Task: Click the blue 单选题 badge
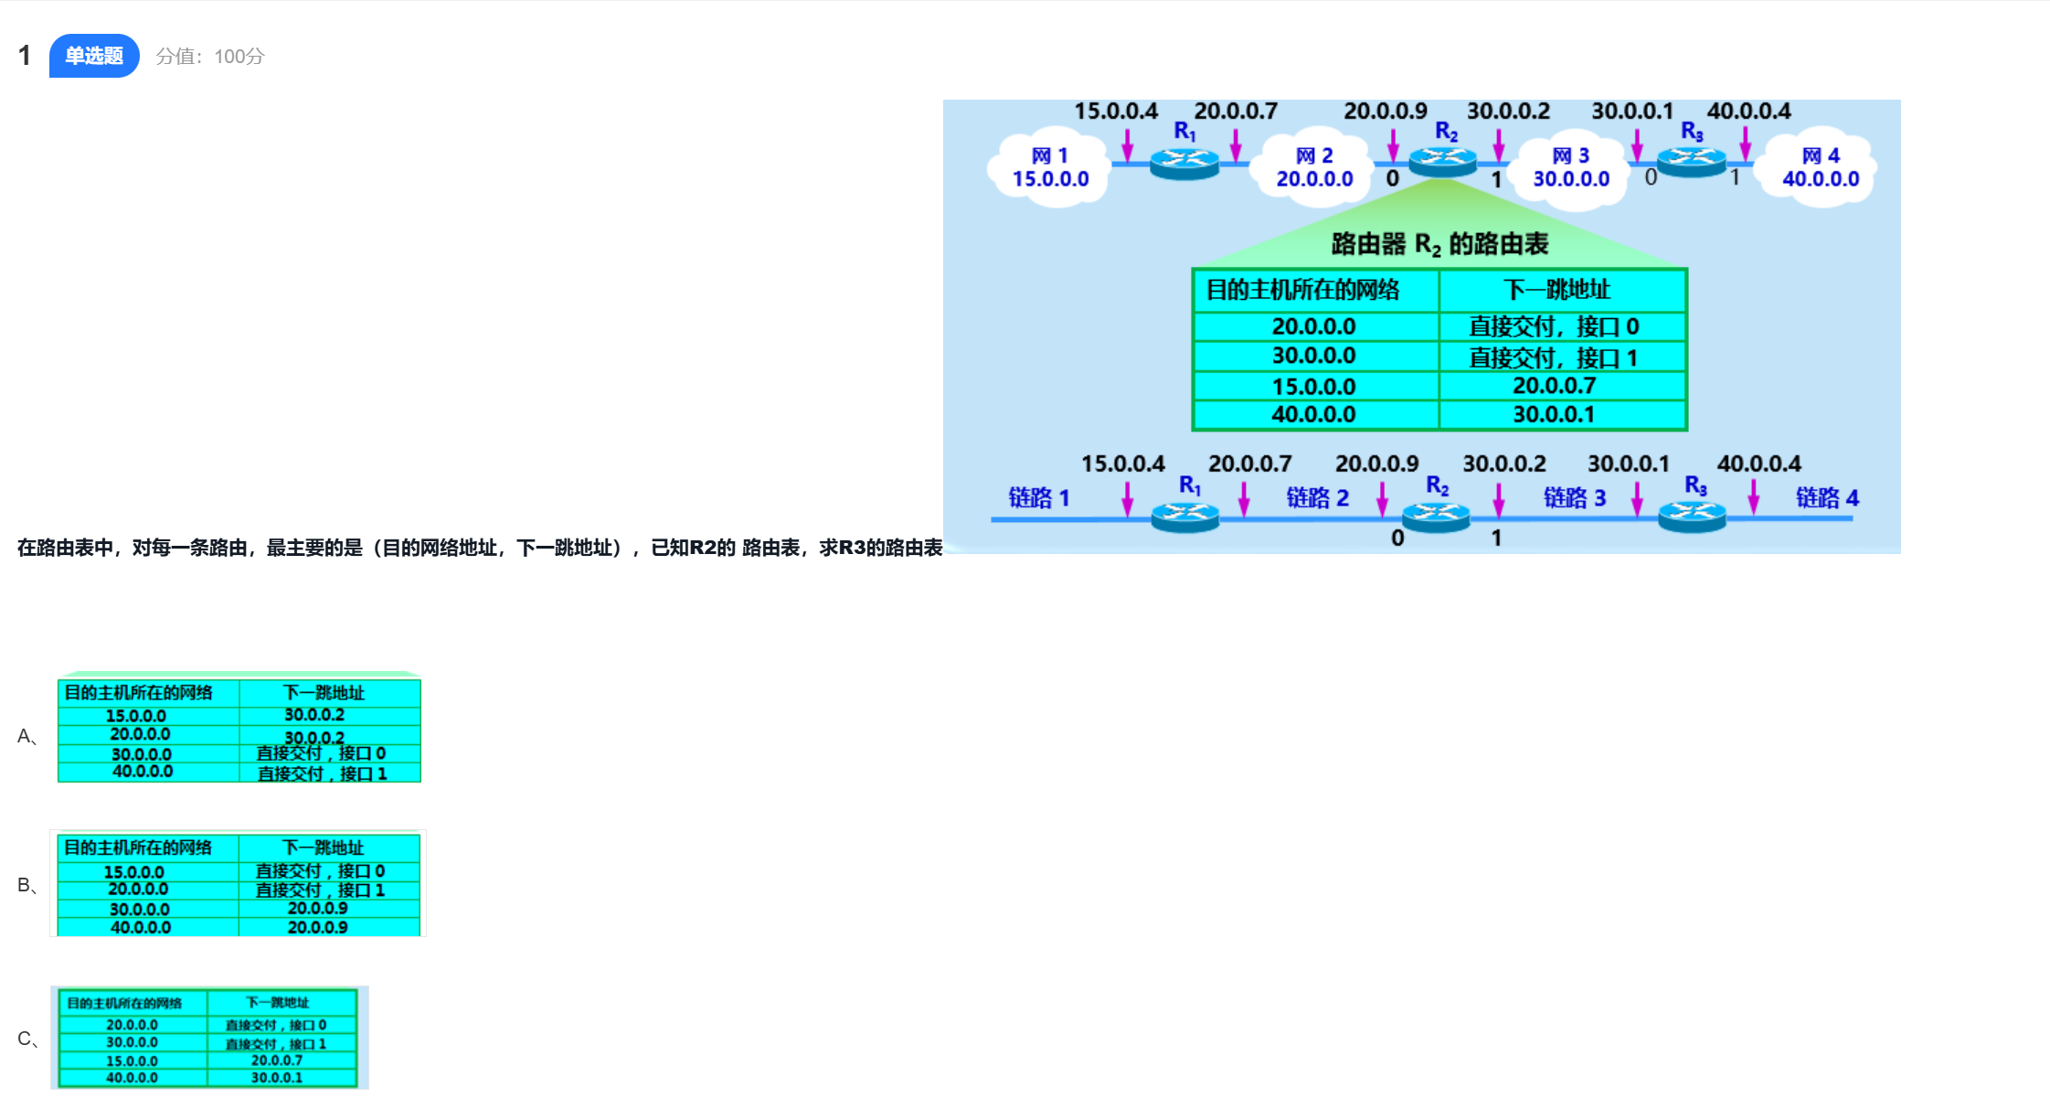pyautogui.click(x=94, y=56)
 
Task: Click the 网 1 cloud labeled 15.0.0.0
pyautogui.click(x=1050, y=168)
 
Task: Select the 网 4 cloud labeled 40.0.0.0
pyautogui.click(x=1821, y=168)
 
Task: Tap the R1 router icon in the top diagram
pyautogui.click(x=1184, y=163)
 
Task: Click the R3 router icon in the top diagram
pyautogui.click(x=1692, y=162)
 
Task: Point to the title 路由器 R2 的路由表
pyautogui.click(x=1439, y=244)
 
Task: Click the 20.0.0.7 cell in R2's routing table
pyautogui.click(x=1554, y=386)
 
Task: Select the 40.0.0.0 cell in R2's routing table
pyautogui.click(x=1313, y=414)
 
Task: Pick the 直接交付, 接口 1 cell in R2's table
pyautogui.click(x=1554, y=357)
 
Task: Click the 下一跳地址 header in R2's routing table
pyautogui.click(x=1557, y=290)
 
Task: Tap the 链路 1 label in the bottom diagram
pyautogui.click(x=1038, y=497)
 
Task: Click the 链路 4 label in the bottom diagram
pyautogui.click(x=1827, y=497)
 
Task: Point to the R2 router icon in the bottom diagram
pyautogui.click(x=1436, y=517)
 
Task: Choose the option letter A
pyautogui.click(x=25, y=736)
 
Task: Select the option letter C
pyautogui.click(x=25, y=1039)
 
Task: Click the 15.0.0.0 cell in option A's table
pyautogui.click(x=136, y=716)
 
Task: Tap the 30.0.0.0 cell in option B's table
pyautogui.click(x=140, y=910)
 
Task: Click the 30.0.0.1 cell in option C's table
pyautogui.click(x=277, y=1078)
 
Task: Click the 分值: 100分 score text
pyautogui.click(x=210, y=57)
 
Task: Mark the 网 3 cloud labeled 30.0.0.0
pyautogui.click(x=1571, y=168)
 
